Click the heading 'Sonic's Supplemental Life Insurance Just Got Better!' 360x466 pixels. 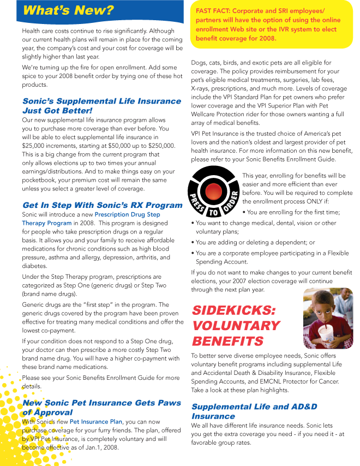click(x=101, y=105)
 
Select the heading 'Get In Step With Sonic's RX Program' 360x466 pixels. click(x=102, y=205)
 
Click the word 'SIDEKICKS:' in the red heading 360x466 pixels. click(x=234, y=310)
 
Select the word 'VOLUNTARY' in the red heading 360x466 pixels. click(x=236, y=326)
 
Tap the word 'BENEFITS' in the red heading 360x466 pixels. click(x=228, y=341)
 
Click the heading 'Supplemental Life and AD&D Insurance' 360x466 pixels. click(x=254, y=411)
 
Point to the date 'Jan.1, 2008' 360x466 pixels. click(x=99, y=447)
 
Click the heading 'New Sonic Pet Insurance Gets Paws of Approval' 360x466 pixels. click(x=101, y=407)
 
